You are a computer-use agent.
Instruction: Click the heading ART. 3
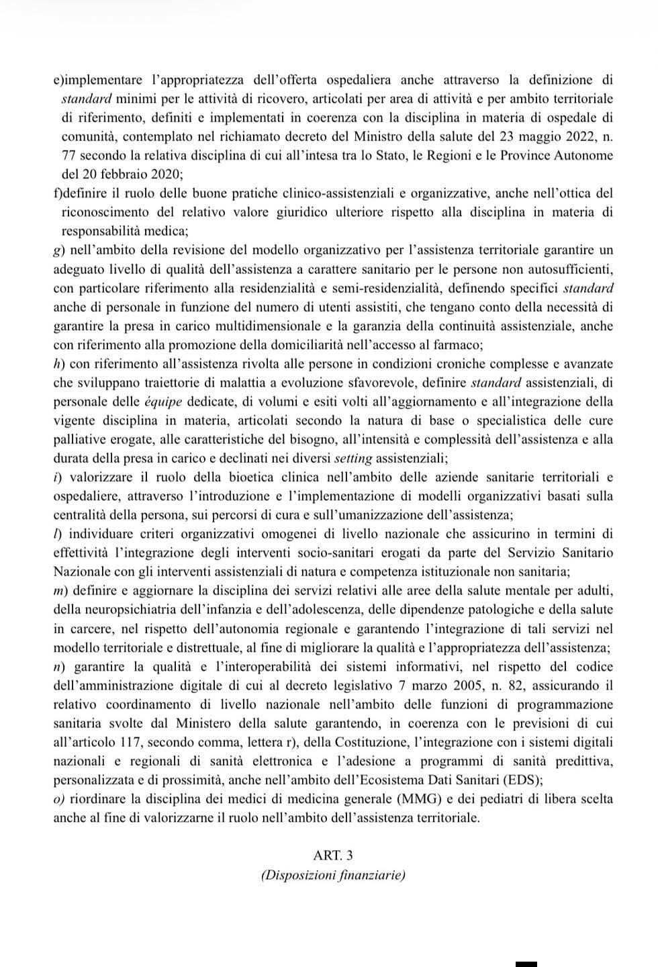pyautogui.click(x=332, y=855)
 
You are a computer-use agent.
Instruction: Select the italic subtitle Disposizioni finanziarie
pyautogui.click(x=333, y=875)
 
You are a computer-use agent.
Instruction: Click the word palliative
pyautogui.click(x=79, y=440)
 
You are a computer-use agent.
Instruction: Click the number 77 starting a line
pyautogui.click(x=68, y=155)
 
